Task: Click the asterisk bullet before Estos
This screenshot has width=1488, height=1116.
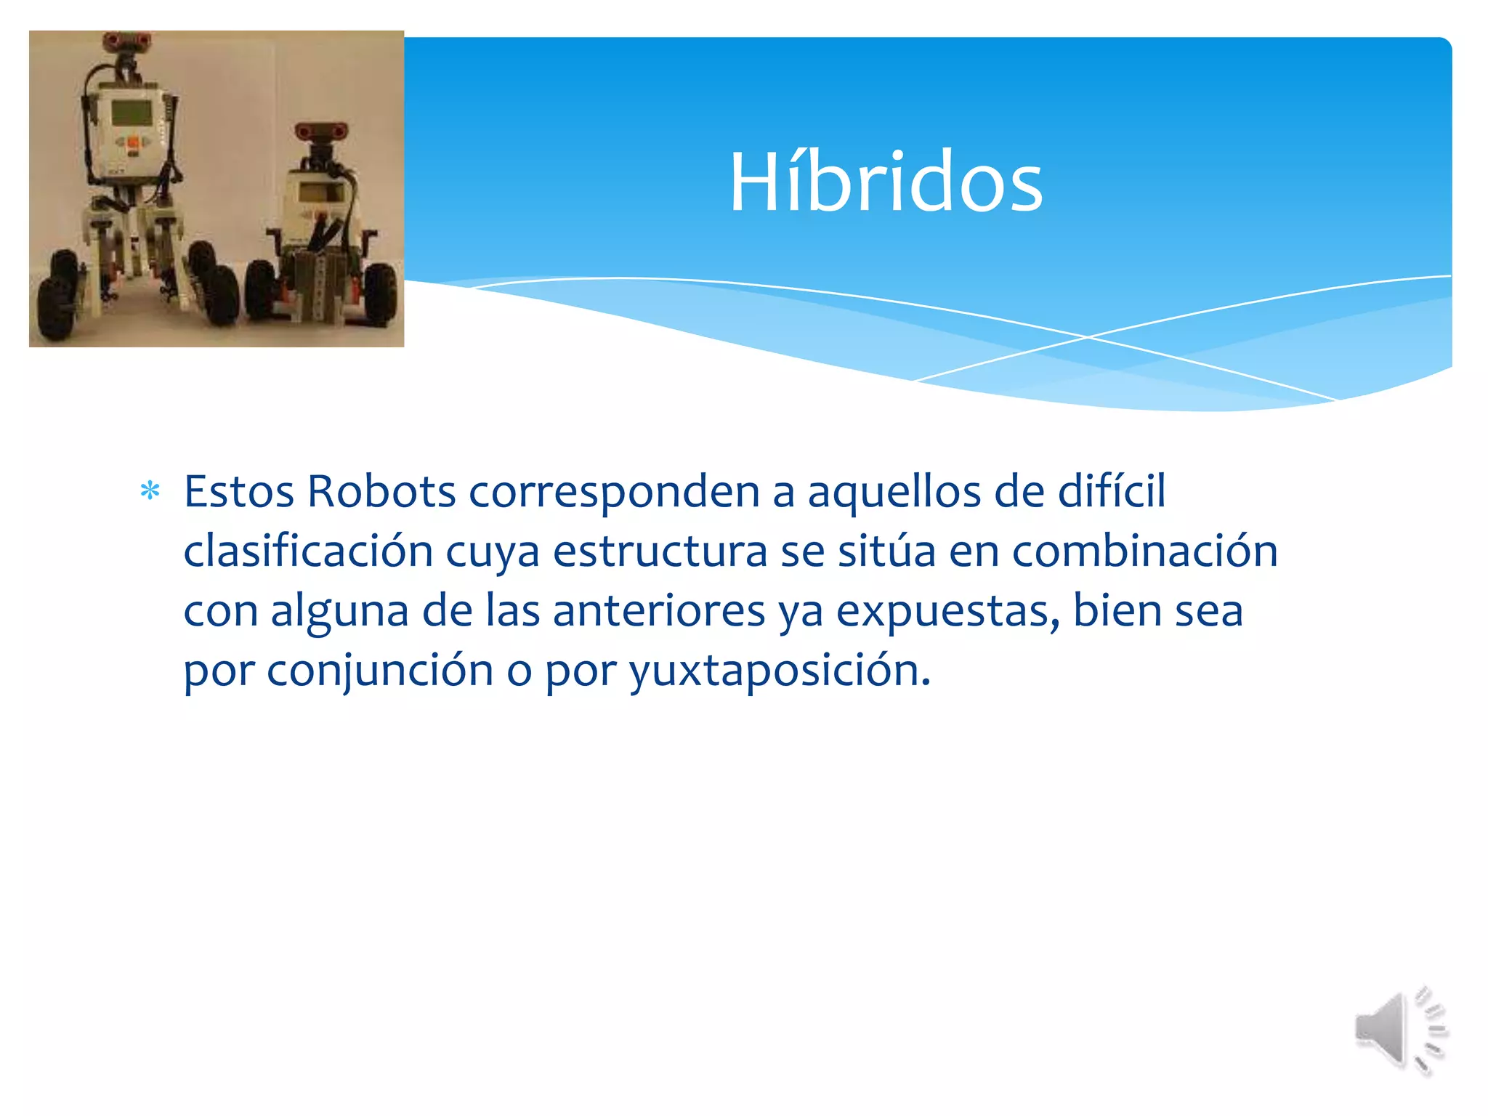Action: tap(150, 492)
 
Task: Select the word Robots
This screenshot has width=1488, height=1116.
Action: tap(381, 492)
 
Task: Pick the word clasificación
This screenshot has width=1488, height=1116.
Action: tap(308, 551)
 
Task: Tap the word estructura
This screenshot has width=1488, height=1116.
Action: tap(660, 551)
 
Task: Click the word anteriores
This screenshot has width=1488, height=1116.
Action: tap(658, 611)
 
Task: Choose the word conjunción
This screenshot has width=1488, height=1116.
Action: tap(379, 671)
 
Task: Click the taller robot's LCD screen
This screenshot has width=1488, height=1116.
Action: tap(132, 112)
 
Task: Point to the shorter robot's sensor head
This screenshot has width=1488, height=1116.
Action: tap(320, 132)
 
